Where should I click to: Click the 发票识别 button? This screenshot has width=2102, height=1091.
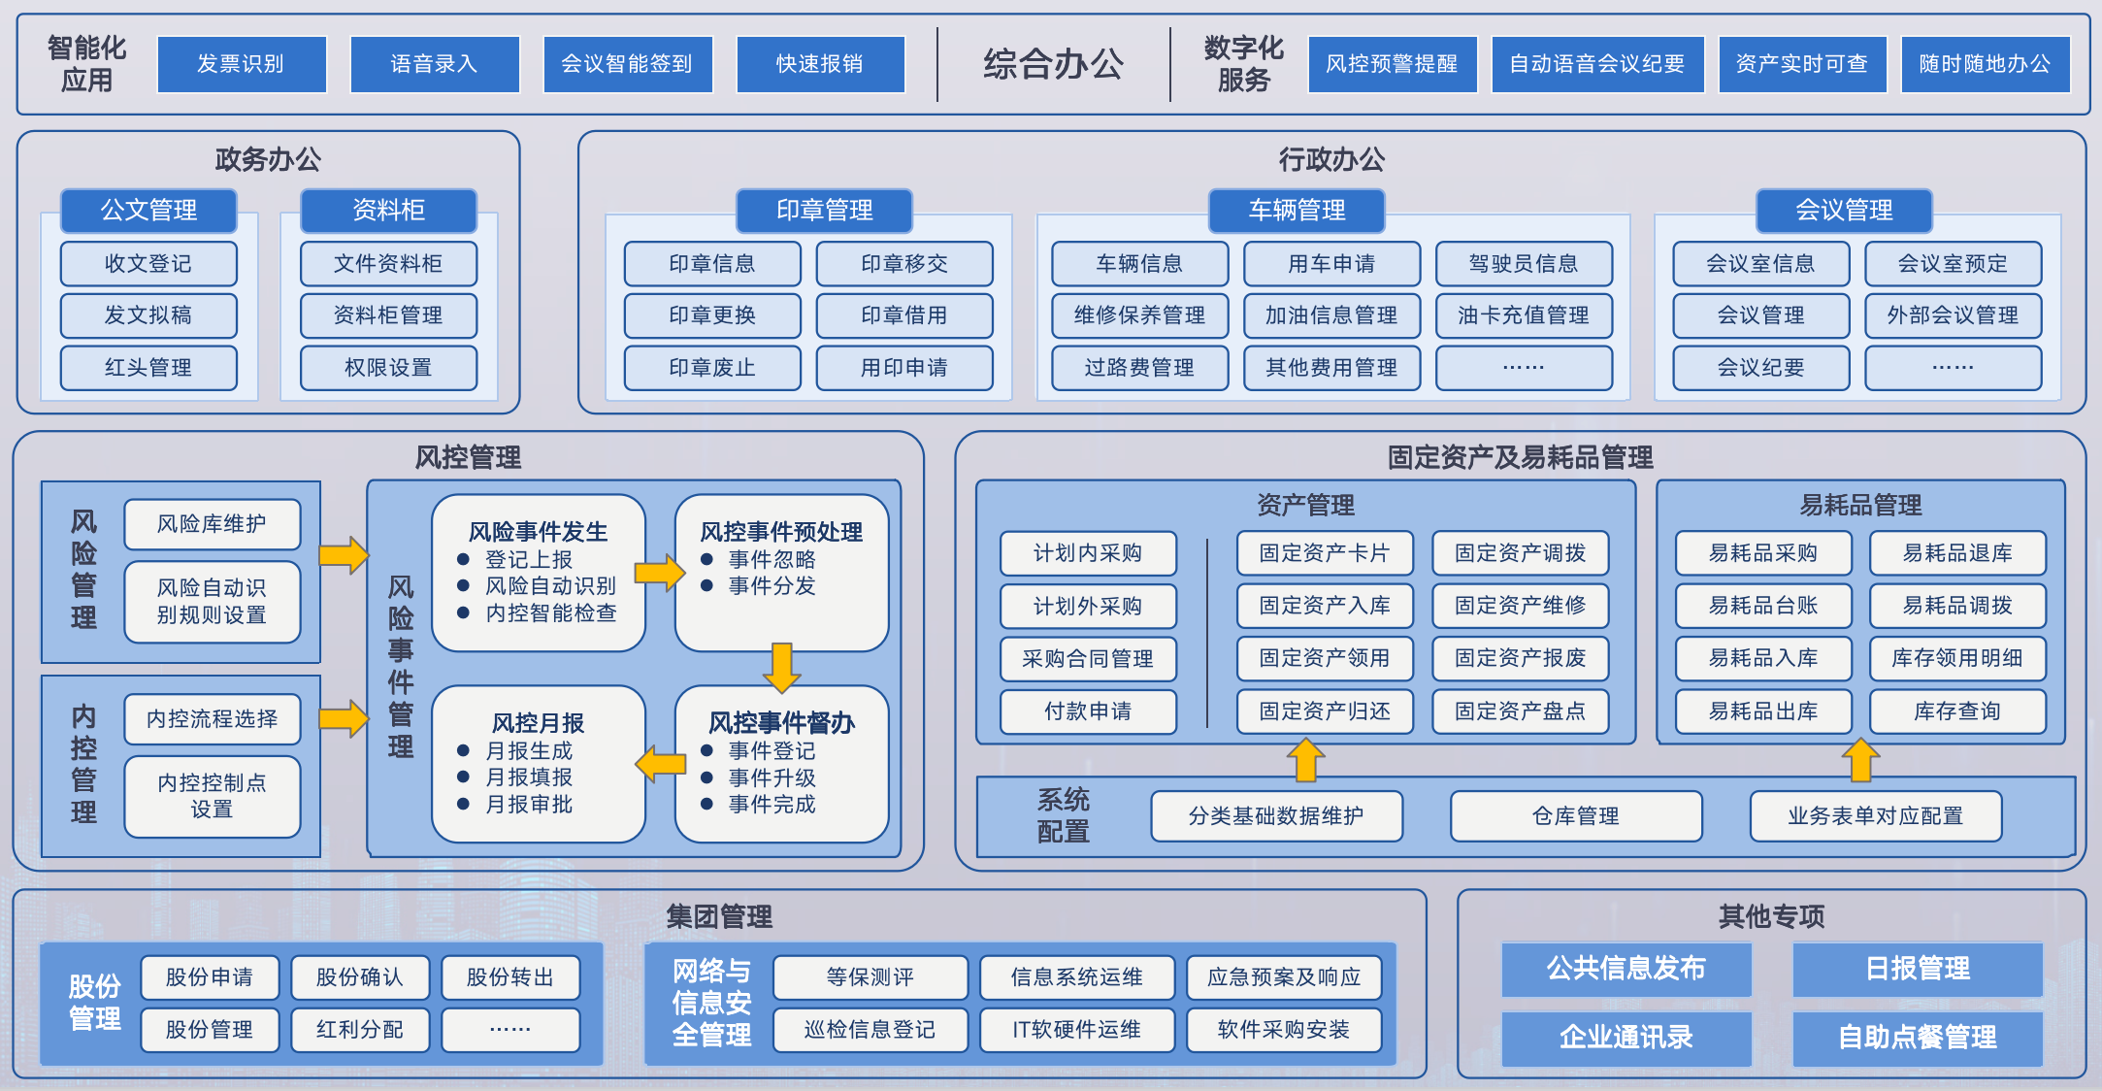(241, 64)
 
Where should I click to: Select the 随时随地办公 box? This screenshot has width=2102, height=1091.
(1985, 64)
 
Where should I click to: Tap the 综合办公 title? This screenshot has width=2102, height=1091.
(1053, 64)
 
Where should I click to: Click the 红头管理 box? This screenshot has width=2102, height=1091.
(148, 368)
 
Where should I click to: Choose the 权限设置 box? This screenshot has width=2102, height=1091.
(388, 368)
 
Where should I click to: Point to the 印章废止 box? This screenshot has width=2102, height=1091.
(712, 368)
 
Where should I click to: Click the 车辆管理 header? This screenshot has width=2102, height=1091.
(1297, 210)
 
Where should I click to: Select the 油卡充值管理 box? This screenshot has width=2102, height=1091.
(1524, 315)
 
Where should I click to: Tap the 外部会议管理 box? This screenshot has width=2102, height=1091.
(1953, 315)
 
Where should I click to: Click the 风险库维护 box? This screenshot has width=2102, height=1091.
(212, 524)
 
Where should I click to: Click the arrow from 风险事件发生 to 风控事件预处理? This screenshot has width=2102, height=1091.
(661, 572)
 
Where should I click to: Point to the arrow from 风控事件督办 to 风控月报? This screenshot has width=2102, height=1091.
(661, 764)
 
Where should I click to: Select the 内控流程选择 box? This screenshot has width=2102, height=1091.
(212, 719)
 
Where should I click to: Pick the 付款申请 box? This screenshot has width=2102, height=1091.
(1088, 711)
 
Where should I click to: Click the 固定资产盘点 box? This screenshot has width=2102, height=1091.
(1520, 711)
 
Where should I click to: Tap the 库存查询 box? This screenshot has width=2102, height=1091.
(1957, 711)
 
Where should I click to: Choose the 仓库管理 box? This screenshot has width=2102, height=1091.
(1576, 816)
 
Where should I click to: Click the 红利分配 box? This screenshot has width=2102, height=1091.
(360, 1030)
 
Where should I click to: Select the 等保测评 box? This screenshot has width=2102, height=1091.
(870, 977)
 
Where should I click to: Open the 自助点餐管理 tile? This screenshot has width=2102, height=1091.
(1918, 1038)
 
